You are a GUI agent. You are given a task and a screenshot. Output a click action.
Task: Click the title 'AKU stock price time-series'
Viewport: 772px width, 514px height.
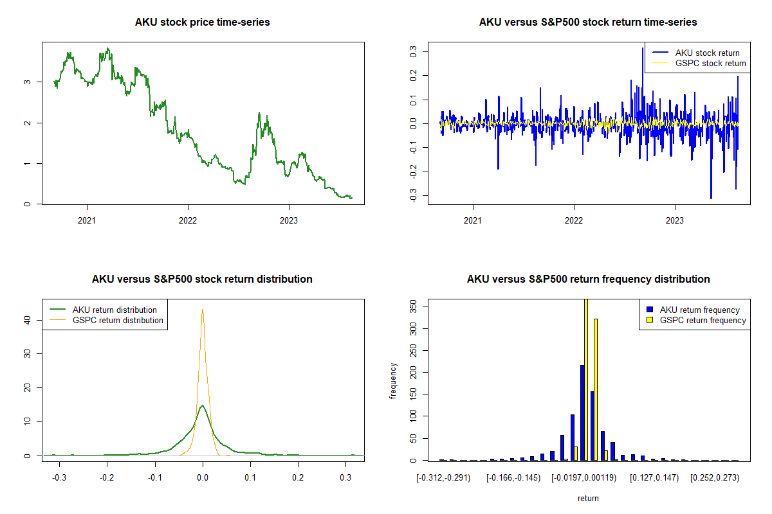coord(202,22)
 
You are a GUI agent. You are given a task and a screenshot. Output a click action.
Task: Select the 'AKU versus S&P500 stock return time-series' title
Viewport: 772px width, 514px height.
coord(588,22)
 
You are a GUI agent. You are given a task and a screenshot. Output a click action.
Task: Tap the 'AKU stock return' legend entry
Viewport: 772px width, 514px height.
coord(707,53)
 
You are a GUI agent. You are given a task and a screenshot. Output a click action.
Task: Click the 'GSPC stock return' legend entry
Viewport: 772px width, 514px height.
coord(710,63)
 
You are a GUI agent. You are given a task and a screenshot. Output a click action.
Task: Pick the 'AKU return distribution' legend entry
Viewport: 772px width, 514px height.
coord(115,310)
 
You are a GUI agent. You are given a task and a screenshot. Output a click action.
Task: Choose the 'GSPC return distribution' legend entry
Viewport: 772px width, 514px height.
coord(118,320)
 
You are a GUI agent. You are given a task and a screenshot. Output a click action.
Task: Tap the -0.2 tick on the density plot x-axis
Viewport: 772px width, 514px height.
coord(107,478)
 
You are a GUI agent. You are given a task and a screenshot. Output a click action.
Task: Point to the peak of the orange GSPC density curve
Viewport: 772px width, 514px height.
coord(203,309)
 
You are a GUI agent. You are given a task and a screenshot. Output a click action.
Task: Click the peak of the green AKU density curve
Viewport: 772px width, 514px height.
coord(203,405)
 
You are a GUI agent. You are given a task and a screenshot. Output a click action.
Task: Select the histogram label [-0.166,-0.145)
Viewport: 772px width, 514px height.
coord(510,478)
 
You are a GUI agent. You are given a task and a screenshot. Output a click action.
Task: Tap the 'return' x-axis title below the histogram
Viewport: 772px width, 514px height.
coord(588,498)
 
